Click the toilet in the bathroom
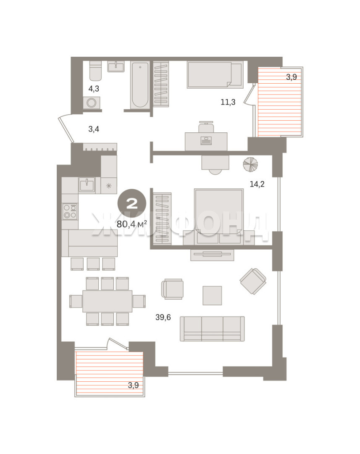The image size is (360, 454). tap(95, 71)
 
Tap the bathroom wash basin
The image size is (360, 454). tap(116, 66)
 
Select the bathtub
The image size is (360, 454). tap(140, 85)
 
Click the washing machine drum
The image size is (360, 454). tap(92, 103)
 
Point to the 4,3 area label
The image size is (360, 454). tap(94, 89)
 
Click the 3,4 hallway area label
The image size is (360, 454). tap(94, 129)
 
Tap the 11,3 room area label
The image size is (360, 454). tap(228, 102)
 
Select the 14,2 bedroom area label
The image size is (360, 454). tap(257, 184)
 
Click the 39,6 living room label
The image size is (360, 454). tap(163, 317)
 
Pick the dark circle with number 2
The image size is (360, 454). tap(131, 204)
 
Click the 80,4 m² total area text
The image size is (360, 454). tap(132, 224)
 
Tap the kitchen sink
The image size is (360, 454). tap(87, 185)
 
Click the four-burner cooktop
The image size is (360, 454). tap(70, 211)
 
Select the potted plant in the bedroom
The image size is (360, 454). tap(250, 164)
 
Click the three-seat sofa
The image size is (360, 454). tap(212, 329)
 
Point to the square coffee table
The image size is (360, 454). tap(212, 296)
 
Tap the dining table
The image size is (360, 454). tap(108, 301)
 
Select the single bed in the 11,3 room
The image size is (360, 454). tap(215, 75)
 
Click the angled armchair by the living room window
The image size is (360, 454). tap(253, 281)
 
